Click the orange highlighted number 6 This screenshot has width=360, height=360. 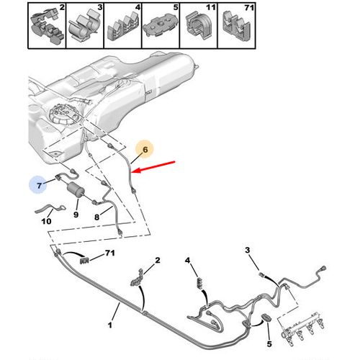pyautogui.click(x=145, y=150)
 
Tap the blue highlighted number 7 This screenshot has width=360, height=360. pyautogui.click(x=39, y=185)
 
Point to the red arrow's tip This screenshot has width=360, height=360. pyautogui.click(x=132, y=171)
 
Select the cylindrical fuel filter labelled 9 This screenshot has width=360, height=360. pyautogui.click(x=75, y=189)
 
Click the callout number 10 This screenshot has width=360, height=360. pyautogui.click(x=46, y=221)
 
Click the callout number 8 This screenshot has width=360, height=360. pyautogui.click(x=96, y=217)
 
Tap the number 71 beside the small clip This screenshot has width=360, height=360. pyautogui.click(x=110, y=253)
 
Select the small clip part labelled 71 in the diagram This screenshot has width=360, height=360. pyautogui.click(x=84, y=260)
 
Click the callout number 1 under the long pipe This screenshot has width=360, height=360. pyautogui.click(x=110, y=325)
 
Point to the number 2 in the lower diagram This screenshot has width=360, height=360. pyautogui.click(x=157, y=260)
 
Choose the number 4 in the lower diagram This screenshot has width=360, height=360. pyautogui.click(x=187, y=260)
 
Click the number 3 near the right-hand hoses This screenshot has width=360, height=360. pyautogui.click(x=248, y=250)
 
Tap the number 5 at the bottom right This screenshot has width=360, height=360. pyautogui.click(x=269, y=343)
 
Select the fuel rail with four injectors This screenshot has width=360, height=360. pyautogui.click(x=303, y=328)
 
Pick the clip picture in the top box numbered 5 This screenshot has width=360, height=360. pyautogui.click(x=161, y=27)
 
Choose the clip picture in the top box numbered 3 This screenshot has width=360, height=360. pyautogui.click(x=85, y=26)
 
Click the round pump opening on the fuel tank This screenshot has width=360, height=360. pyautogui.click(x=64, y=114)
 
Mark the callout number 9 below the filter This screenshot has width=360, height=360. pyautogui.click(x=76, y=215)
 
